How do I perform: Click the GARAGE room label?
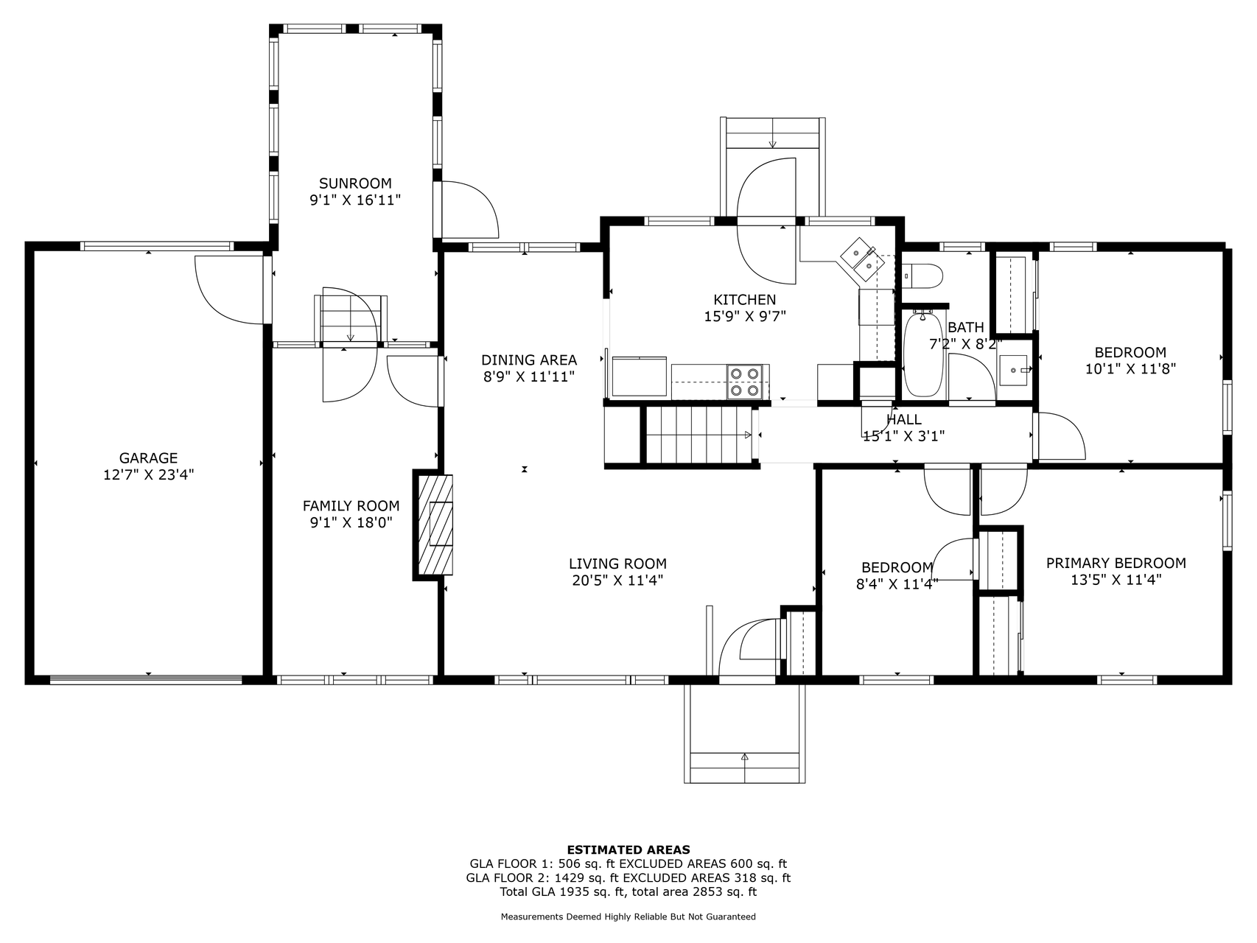pyautogui.click(x=149, y=458)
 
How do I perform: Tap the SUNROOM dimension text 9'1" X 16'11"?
pyautogui.click(x=355, y=200)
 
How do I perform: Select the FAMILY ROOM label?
pyautogui.click(x=351, y=506)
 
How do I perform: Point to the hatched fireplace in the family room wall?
pyautogui.click(x=435, y=525)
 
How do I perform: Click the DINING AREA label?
pyautogui.click(x=529, y=360)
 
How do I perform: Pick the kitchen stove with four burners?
pyautogui.click(x=744, y=382)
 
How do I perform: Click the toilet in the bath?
pyautogui.click(x=922, y=275)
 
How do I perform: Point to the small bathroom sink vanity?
pyautogui.click(x=1015, y=370)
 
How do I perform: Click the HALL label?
pyautogui.click(x=904, y=419)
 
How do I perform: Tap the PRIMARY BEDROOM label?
pyautogui.click(x=1116, y=563)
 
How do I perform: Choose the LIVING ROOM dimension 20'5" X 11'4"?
pyautogui.click(x=617, y=581)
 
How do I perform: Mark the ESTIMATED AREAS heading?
pyautogui.click(x=628, y=850)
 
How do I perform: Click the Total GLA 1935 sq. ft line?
pyautogui.click(x=628, y=892)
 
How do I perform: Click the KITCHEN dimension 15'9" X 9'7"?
pyautogui.click(x=744, y=316)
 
